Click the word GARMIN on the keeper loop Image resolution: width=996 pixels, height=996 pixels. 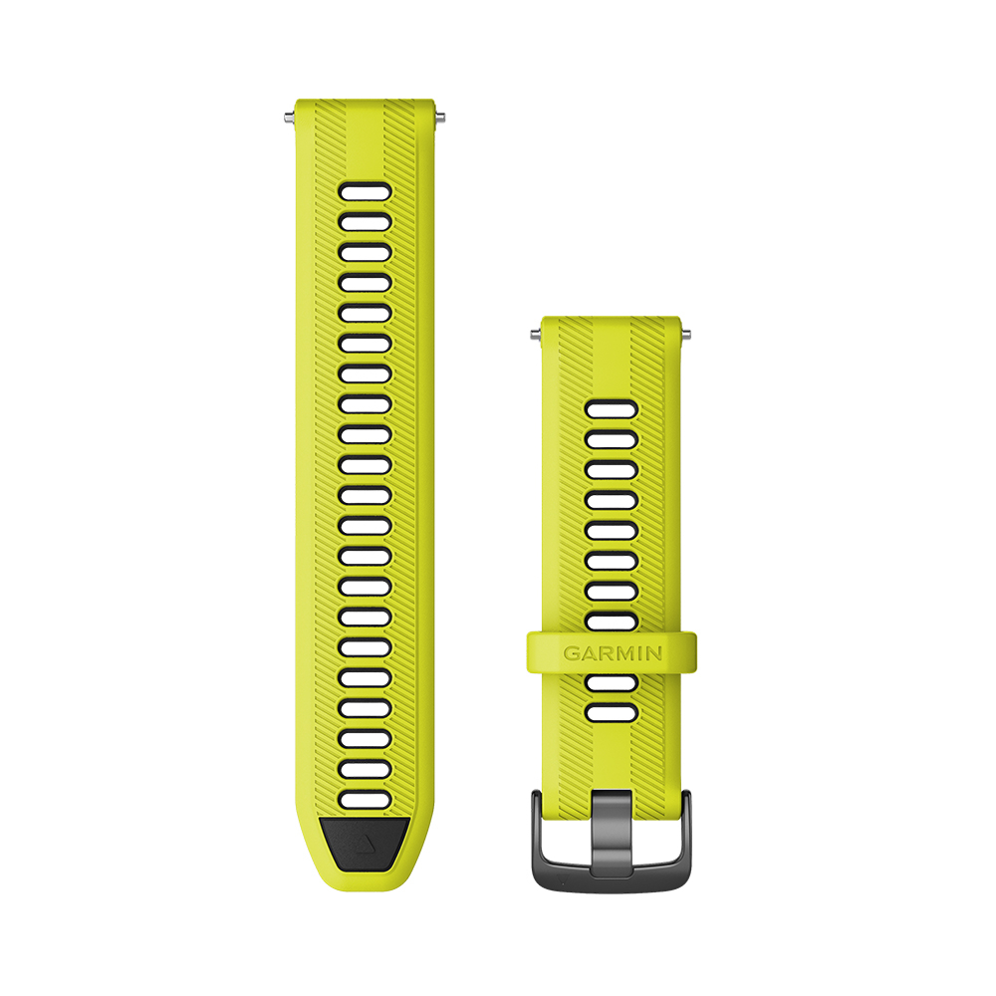click(x=613, y=653)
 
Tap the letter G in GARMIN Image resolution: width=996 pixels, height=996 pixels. click(x=571, y=653)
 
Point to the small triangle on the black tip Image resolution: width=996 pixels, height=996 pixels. click(x=364, y=845)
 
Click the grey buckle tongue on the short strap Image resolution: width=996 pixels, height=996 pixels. click(x=612, y=832)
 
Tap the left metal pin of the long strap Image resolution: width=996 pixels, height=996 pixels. click(x=289, y=117)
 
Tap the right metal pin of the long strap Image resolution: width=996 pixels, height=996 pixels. click(x=440, y=117)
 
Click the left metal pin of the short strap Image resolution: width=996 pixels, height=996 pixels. click(x=536, y=334)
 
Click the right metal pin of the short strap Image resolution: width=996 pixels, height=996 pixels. click(x=685, y=334)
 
